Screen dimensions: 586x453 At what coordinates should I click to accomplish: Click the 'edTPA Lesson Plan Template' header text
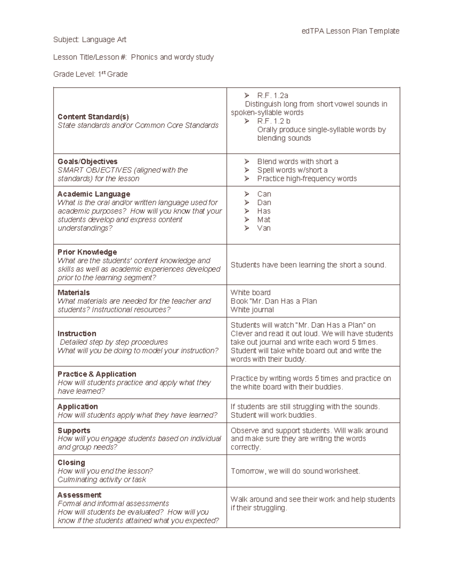[x=350, y=31]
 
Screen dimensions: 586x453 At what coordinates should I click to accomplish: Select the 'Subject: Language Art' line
[x=90, y=40]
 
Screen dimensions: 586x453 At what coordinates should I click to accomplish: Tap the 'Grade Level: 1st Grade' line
[x=91, y=74]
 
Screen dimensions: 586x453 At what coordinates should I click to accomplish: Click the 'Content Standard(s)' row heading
[x=93, y=117]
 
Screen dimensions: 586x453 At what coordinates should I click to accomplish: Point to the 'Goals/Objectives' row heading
[x=88, y=161]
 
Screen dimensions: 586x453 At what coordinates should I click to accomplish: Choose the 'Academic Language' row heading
[x=94, y=194]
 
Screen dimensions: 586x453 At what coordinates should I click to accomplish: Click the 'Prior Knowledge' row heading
[x=87, y=252]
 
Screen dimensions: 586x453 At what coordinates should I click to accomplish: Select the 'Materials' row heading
[x=74, y=292]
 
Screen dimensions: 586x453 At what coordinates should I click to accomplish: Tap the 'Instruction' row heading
[x=77, y=334]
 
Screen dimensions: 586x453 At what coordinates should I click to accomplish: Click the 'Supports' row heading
[x=74, y=431]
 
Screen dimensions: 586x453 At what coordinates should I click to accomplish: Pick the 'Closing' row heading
[x=71, y=463]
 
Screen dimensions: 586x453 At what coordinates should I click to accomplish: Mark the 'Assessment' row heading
[x=80, y=495]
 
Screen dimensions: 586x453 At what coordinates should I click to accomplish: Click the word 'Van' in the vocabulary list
[x=264, y=228]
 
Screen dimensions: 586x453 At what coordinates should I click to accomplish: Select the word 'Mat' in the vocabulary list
[x=264, y=220]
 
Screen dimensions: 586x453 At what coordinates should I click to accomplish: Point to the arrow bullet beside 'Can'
[x=247, y=194]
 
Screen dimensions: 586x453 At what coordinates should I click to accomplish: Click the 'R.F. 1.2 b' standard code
[x=274, y=121]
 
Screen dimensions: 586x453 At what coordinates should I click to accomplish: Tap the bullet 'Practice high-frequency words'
[x=307, y=178]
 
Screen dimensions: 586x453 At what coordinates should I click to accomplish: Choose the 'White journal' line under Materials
[x=252, y=310]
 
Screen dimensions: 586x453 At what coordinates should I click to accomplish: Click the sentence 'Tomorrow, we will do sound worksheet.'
[x=296, y=471]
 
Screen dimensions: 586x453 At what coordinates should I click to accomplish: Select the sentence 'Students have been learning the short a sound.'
[x=308, y=265]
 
